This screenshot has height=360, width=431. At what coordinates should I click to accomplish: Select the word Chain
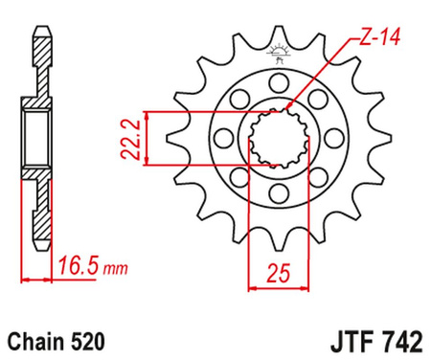pyautogui.click(x=36, y=339)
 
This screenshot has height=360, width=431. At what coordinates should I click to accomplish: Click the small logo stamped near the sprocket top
pyautogui.click(x=281, y=54)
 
